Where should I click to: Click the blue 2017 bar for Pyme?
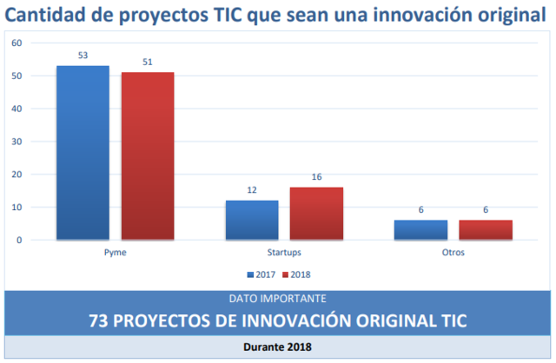click(83, 152)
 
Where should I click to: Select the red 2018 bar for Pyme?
click(148, 155)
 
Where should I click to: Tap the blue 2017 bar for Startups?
click(252, 220)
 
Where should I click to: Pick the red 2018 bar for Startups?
click(316, 213)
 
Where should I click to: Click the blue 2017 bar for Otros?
click(420, 229)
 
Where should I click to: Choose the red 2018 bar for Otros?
click(485, 229)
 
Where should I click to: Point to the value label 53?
click(83, 56)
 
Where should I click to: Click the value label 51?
click(148, 62)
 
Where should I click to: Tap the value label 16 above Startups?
click(316, 177)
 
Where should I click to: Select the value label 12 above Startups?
click(252, 190)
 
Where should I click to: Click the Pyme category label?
click(115, 253)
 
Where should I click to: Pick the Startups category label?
click(284, 253)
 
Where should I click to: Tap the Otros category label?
click(453, 253)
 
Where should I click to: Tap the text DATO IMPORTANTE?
click(278, 298)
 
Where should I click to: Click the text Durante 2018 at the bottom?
click(278, 346)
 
